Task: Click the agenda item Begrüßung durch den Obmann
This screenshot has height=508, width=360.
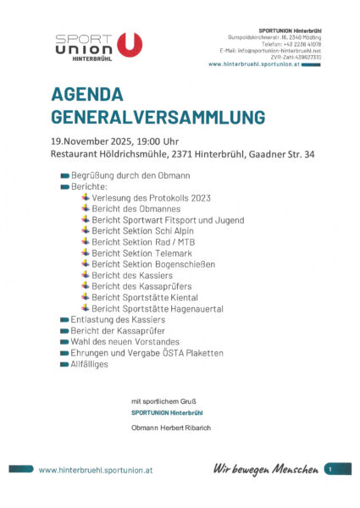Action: click(131, 175)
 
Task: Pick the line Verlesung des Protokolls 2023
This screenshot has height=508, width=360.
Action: click(151, 197)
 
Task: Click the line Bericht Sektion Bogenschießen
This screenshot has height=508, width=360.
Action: click(153, 263)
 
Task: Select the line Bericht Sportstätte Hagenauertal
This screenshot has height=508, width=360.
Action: click(158, 308)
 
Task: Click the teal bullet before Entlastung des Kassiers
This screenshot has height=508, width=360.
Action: click(65, 319)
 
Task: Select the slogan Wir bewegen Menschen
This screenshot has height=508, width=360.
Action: click(265, 468)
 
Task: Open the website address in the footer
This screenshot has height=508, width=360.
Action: click(96, 469)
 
